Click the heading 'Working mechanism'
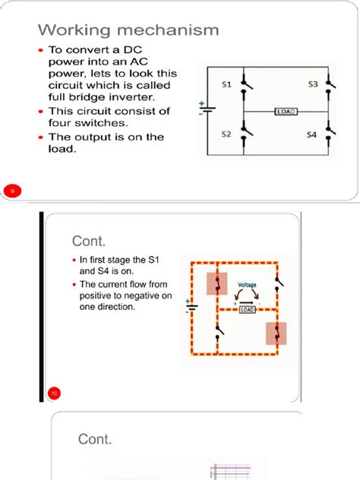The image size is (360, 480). [x=128, y=30]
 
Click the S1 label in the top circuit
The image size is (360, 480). [x=226, y=86]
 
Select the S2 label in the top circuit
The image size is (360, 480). [x=226, y=134]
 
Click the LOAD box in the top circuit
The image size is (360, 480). [x=286, y=111]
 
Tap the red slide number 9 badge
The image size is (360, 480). [x=12, y=190]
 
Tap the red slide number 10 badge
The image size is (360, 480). [x=54, y=393]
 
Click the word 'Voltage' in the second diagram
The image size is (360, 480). [x=248, y=286]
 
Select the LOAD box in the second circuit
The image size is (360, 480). [x=248, y=309]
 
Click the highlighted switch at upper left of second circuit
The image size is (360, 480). [x=217, y=283]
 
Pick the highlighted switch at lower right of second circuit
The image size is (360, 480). [x=276, y=333]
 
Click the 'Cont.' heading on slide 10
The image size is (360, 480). [x=88, y=241]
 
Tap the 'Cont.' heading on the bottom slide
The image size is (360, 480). [x=95, y=439]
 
